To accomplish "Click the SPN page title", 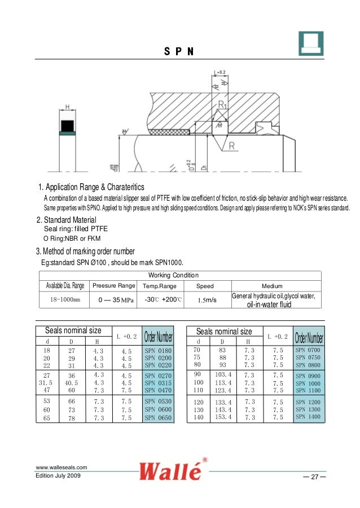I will click(x=179, y=52).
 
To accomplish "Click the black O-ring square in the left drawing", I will click(x=67, y=125).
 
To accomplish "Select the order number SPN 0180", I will click(x=158, y=351).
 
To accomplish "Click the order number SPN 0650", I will click(x=158, y=418).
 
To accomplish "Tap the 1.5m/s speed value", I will click(x=208, y=301).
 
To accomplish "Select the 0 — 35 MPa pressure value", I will click(x=114, y=301).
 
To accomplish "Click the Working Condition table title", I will click(x=173, y=275).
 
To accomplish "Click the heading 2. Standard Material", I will click(x=66, y=220).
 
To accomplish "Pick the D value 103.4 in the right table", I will click(x=223, y=374).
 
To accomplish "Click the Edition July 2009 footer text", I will click(x=58, y=476).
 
